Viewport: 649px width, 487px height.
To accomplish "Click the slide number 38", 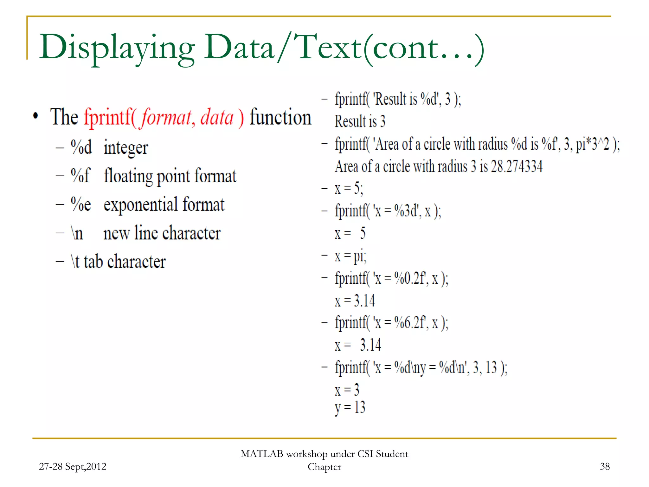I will [605, 466].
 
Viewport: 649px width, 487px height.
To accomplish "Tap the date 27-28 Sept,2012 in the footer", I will [73, 466].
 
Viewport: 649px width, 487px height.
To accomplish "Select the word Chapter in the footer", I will [324, 467].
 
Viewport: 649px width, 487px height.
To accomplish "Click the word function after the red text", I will [280, 117].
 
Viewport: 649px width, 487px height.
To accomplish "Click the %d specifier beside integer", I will [81, 147].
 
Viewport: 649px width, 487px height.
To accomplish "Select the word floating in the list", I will [128, 176].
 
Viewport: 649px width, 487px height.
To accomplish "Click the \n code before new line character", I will [77, 233].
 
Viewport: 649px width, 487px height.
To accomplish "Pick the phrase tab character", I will [125, 262].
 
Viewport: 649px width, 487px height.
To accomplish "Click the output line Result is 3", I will [360, 121].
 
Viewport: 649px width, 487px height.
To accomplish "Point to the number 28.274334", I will [517, 166].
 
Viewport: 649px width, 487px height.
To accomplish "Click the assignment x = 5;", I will [349, 189].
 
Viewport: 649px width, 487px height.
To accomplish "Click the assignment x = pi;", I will [350, 256].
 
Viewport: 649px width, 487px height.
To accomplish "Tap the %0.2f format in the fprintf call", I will [410, 278].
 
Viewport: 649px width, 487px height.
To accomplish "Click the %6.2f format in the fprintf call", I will [410, 323].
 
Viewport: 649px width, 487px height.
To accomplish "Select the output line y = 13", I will [350, 407].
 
